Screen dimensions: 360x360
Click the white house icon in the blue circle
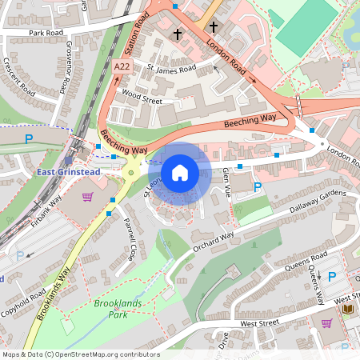180,173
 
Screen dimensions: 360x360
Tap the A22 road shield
122,67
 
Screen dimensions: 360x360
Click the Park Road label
46,34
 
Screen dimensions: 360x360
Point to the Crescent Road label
17,76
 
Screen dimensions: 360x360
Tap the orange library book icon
346,309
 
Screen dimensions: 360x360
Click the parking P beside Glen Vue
257,187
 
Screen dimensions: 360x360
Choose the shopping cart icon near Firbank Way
87,196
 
